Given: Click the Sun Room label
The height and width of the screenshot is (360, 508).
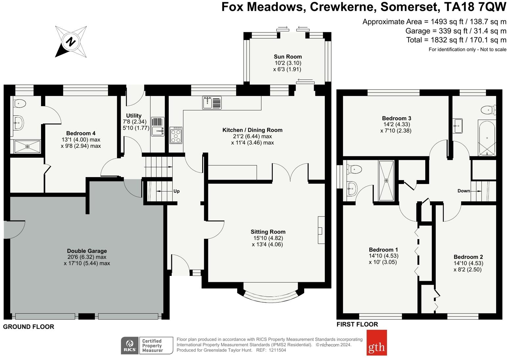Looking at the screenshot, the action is tap(287, 56).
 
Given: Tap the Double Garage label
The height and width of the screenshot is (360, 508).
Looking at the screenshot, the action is tap(87, 251).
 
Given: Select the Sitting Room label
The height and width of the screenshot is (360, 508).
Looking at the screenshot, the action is tap(268, 232).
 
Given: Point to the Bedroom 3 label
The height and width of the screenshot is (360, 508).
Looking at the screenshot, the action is tap(396, 118).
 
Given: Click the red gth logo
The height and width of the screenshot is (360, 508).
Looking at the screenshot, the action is tap(376, 343).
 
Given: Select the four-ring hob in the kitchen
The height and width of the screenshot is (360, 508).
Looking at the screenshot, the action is tap(176, 135).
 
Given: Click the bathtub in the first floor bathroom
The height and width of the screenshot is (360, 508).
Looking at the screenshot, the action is tap(487, 138).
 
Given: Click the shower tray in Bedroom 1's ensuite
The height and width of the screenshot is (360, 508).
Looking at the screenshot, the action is tap(386, 180).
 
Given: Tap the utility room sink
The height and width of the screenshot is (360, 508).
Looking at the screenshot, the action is tap(158, 127).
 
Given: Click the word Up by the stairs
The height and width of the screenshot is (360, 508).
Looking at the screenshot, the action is tap(177, 191).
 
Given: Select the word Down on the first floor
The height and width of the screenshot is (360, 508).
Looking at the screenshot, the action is tap(464, 191).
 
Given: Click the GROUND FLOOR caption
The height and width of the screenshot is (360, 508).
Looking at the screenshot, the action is tap(29, 326).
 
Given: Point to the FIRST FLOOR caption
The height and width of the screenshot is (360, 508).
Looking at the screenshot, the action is tap(357, 325).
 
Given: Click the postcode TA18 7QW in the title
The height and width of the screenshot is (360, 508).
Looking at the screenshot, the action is tap(475, 7).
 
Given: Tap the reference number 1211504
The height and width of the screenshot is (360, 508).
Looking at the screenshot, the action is tap(277, 350).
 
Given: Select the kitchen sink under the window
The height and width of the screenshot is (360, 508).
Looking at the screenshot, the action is tap(212, 103).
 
